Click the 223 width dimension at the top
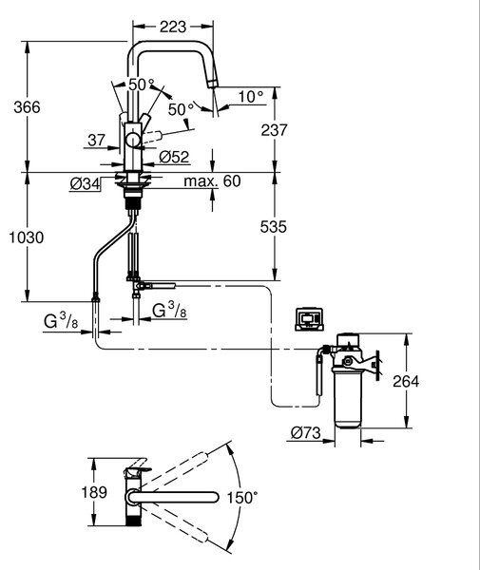(x=173, y=27)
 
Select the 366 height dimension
(x=27, y=107)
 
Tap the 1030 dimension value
(x=27, y=237)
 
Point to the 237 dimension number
(x=274, y=130)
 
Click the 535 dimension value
(x=274, y=226)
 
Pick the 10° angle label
(x=251, y=97)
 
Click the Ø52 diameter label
(x=174, y=157)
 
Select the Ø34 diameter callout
(x=85, y=184)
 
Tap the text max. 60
(x=212, y=181)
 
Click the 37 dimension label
(x=96, y=140)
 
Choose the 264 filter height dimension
(x=406, y=381)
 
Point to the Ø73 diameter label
(x=306, y=432)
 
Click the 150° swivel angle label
(x=242, y=498)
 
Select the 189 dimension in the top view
(x=94, y=492)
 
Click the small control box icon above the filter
(x=309, y=319)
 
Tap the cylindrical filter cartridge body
(x=348, y=398)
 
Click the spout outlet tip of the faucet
(x=212, y=84)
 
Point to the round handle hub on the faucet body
(x=133, y=140)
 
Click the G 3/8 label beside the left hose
(x=61, y=321)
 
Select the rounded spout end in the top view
(x=213, y=497)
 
